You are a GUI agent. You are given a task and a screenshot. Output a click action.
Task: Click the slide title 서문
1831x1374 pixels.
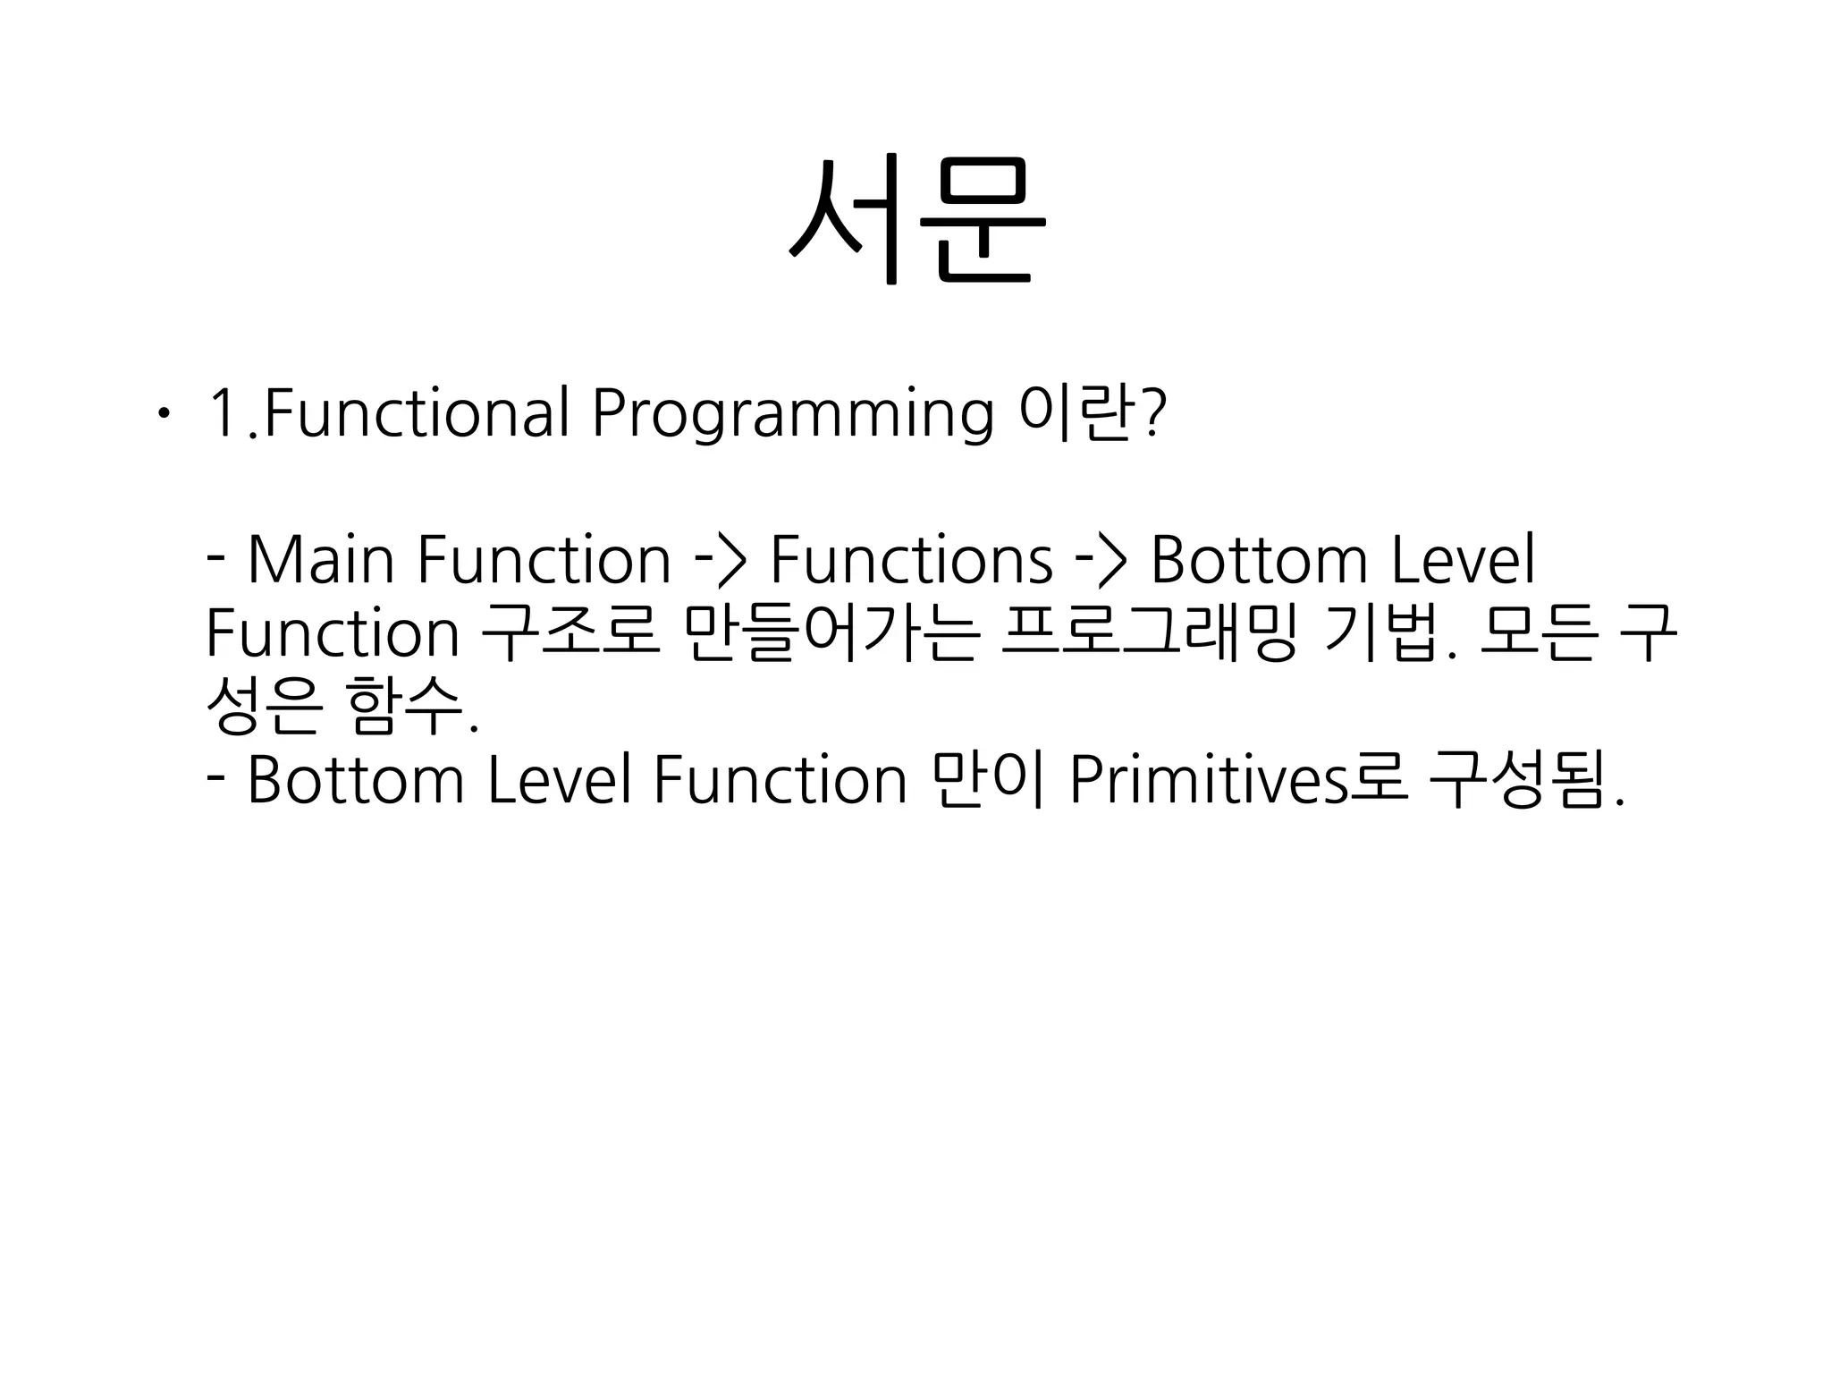coord(917,219)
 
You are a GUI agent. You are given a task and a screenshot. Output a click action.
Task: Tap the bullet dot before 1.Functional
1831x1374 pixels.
coord(160,414)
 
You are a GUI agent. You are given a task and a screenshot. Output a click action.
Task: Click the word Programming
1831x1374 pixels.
coord(792,414)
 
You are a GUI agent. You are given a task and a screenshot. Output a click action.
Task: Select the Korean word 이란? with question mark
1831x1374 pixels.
coord(1093,414)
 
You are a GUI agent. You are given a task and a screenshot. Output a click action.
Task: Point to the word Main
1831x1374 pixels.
coord(320,560)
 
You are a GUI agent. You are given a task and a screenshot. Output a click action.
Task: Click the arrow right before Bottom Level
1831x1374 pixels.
coord(1101,560)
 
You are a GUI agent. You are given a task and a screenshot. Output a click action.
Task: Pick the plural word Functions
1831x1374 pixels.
coord(911,560)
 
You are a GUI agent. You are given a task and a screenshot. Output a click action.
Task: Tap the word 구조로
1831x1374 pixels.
coord(570,633)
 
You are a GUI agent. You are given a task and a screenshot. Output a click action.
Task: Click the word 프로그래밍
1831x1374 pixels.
coord(1148,633)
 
